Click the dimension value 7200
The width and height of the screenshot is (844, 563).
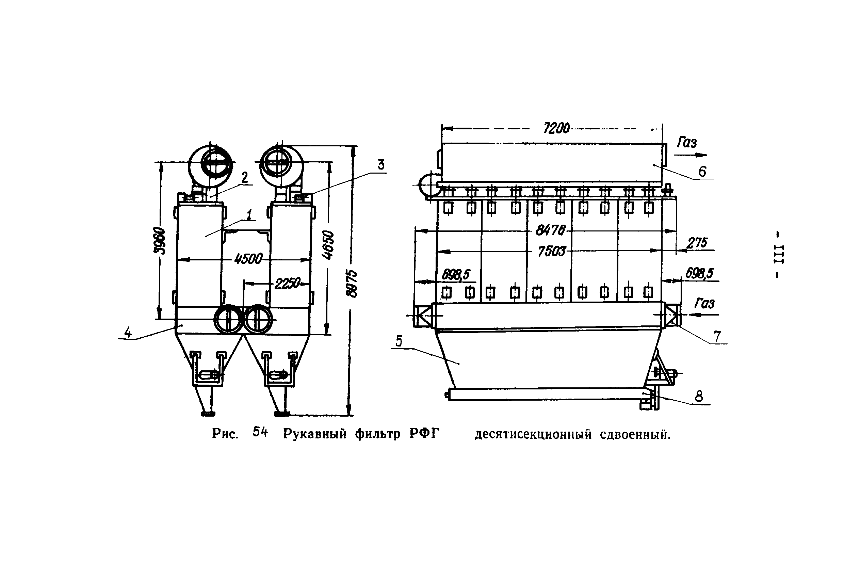556,128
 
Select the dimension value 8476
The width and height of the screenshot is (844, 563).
550,230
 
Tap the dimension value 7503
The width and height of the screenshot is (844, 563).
551,251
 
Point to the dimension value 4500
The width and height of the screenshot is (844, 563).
248,259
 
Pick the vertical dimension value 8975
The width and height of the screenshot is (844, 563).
352,284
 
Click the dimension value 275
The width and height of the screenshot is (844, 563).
697,243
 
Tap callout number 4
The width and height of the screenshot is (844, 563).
128,333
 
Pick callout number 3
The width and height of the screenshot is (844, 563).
381,165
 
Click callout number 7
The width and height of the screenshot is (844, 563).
717,336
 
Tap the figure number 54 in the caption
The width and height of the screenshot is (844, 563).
260,432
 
